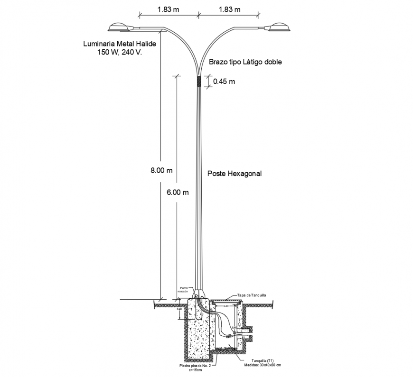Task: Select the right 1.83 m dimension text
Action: (229, 9)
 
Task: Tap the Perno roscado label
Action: (183, 289)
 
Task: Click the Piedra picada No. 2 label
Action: (195, 366)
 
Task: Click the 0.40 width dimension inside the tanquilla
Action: (226, 306)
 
